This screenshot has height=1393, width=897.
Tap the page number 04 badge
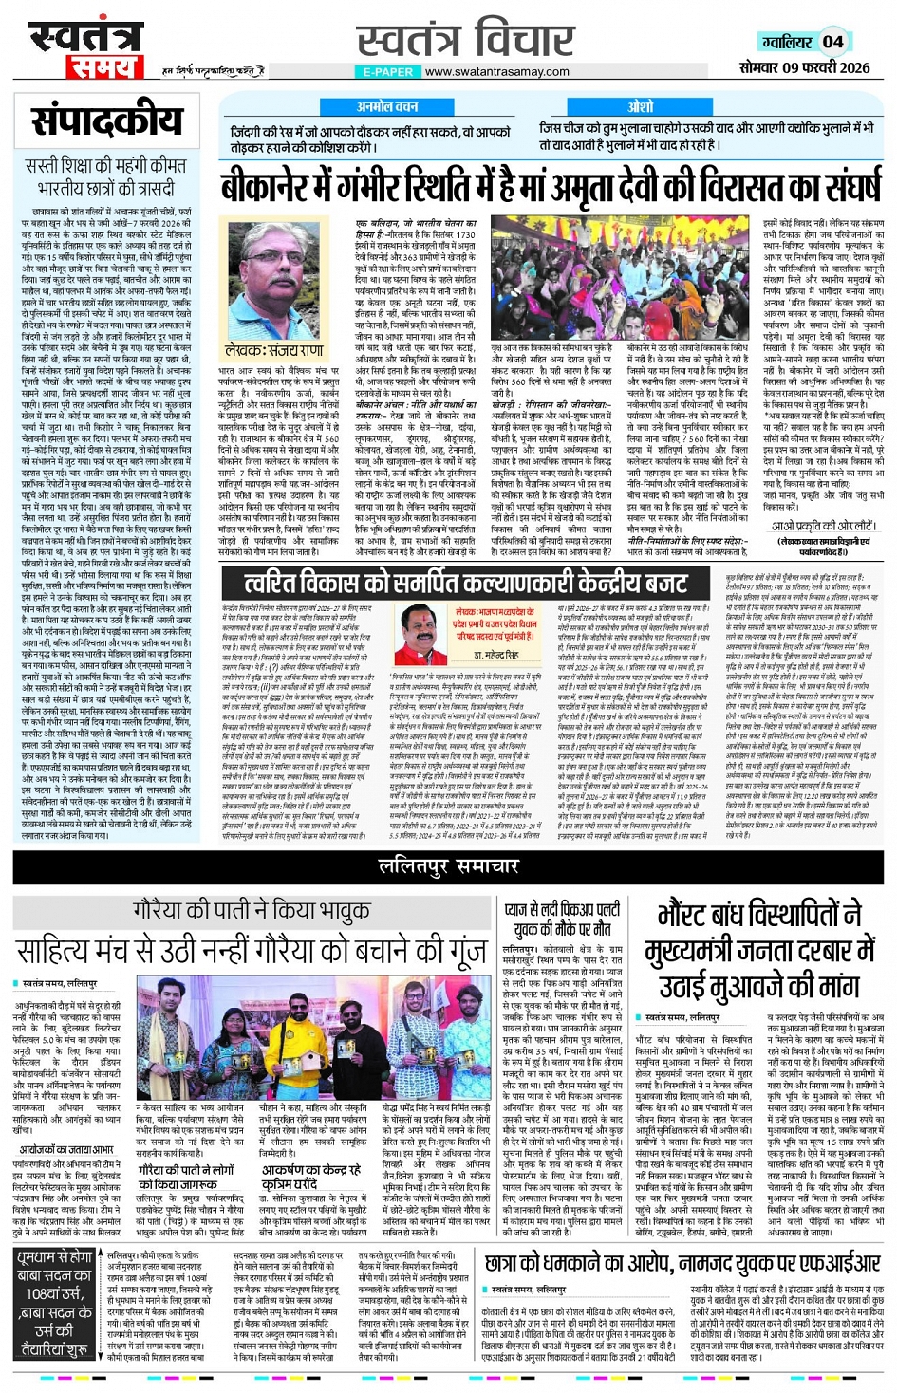[832, 41]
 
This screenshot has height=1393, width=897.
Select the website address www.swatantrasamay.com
[496, 71]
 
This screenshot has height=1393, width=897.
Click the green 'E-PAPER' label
[388, 71]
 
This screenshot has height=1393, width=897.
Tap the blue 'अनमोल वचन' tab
[386, 107]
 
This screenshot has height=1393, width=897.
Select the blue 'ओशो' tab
[641, 107]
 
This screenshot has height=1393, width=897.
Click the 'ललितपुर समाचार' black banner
[448, 864]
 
